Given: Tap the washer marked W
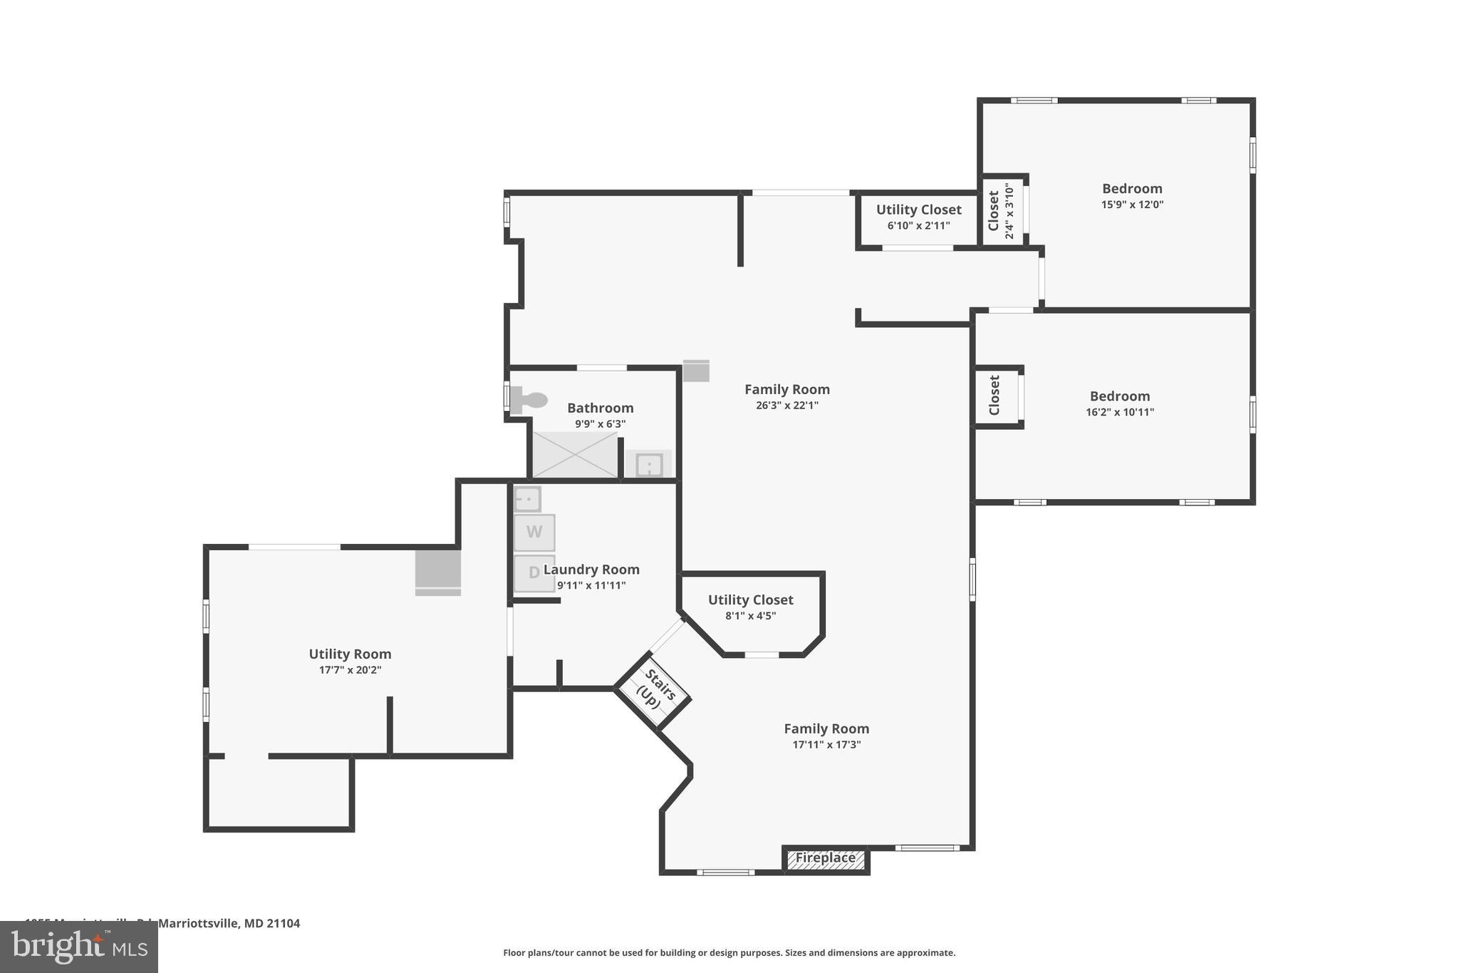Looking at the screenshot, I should (x=534, y=532).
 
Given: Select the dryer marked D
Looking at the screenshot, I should (x=534, y=573).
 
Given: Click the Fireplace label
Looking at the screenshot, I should (x=825, y=858).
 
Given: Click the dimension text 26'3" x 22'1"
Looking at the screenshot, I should (x=786, y=406).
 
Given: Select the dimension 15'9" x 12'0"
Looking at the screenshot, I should (x=1131, y=205).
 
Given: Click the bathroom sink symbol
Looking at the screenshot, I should (x=649, y=465).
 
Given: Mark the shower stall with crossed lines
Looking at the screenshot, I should (x=574, y=455).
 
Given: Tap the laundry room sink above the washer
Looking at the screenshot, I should (x=527, y=499).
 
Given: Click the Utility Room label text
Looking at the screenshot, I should (x=350, y=654).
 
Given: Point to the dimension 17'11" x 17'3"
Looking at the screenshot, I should (x=826, y=745).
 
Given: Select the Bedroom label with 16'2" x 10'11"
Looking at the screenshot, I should (x=1119, y=396).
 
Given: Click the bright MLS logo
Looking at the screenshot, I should (x=78, y=947).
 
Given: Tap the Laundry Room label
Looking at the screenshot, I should (x=591, y=570).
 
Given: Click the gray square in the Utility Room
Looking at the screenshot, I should (x=438, y=568).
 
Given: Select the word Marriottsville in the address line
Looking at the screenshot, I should (x=197, y=923).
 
